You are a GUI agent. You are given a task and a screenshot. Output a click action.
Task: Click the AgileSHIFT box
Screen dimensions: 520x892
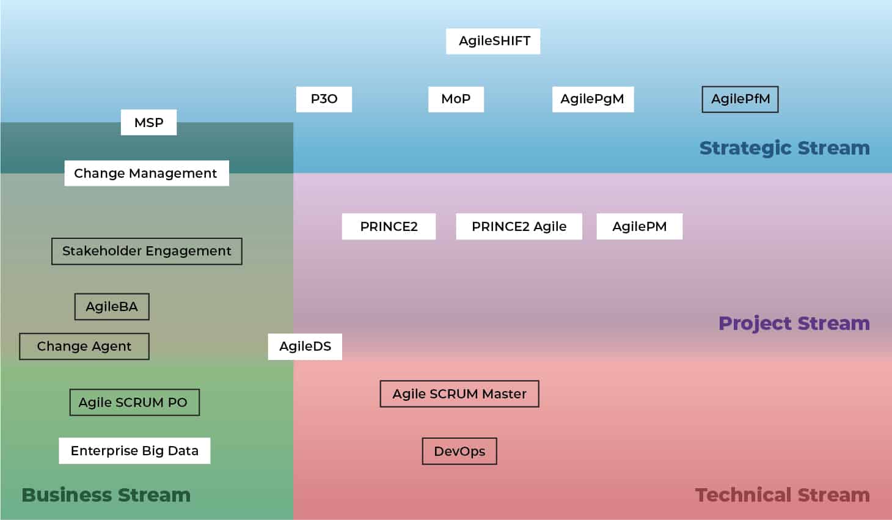(x=493, y=41)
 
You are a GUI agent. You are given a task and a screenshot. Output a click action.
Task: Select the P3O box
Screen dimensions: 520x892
(x=324, y=99)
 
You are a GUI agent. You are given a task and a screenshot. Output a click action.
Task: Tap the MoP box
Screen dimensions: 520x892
(x=456, y=99)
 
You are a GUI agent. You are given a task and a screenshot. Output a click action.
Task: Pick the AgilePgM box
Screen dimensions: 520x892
(x=593, y=99)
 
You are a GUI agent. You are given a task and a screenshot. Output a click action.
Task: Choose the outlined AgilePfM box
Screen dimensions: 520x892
(x=740, y=99)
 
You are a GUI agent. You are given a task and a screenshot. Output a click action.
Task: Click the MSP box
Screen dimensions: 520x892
(x=148, y=122)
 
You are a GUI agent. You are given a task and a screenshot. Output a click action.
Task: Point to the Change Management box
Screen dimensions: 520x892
(x=147, y=173)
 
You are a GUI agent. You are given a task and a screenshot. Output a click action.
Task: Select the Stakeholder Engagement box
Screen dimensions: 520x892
(x=147, y=251)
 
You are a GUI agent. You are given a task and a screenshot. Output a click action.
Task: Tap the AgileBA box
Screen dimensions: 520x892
(x=112, y=307)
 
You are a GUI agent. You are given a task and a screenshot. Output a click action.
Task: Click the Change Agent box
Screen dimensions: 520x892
(x=84, y=346)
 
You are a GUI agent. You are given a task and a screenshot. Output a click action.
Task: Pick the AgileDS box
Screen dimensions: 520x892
(x=305, y=346)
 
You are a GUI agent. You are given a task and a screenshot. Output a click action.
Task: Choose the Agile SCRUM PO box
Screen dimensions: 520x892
(x=134, y=403)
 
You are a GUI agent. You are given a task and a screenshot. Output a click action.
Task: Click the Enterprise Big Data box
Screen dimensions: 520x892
(x=134, y=451)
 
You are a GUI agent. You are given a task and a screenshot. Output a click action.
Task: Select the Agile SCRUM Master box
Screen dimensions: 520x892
(x=459, y=394)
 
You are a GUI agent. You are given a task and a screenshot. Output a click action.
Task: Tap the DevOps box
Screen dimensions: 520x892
(x=459, y=452)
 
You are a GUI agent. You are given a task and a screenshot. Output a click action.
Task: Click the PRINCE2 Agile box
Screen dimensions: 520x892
(x=519, y=227)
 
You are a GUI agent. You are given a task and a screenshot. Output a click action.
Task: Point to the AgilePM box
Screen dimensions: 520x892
(x=639, y=227)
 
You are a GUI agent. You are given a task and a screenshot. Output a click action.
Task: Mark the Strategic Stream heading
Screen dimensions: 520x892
(x=784, y=148)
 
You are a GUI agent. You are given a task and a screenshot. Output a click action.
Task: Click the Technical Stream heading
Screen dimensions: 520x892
(x=782, y=495)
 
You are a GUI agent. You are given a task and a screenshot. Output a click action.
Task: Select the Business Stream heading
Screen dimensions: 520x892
(x=106, y=495)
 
